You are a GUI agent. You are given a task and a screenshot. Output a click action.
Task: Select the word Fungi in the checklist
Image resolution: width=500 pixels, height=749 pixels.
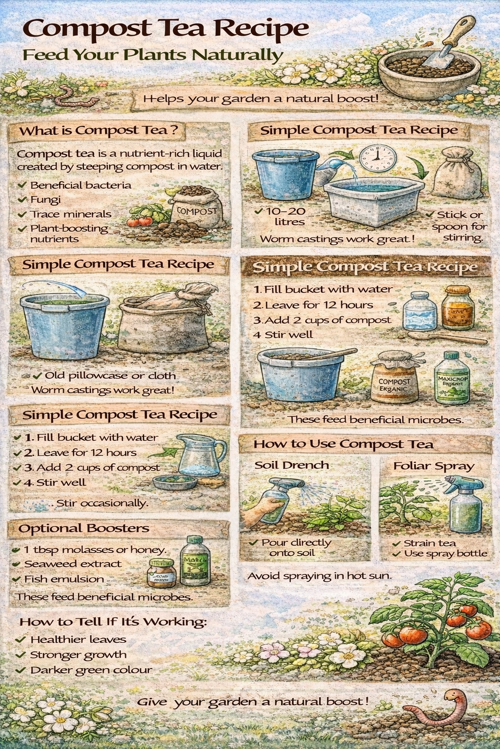tap(45, 199)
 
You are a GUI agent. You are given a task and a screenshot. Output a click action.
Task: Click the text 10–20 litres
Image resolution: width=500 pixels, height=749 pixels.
tap(286, 217)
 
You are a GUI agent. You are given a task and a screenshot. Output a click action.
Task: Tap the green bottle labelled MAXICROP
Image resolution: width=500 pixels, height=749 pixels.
tap(452, 380)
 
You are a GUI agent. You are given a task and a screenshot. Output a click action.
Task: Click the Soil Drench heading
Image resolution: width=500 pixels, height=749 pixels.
tap(292, 465)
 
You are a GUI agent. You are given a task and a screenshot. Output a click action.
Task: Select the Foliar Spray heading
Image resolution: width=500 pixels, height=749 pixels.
tap(434, 466)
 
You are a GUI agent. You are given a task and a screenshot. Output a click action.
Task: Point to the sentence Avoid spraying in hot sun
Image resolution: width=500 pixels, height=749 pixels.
tap(319, 576)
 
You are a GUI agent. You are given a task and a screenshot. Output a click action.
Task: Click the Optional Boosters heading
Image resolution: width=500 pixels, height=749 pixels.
tap(84, 528)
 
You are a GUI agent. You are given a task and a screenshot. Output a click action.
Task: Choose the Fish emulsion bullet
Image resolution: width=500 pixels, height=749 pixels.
tap(64, 579)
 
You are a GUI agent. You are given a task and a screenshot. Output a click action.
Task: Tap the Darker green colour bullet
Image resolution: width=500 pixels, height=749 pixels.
tap(91, 670)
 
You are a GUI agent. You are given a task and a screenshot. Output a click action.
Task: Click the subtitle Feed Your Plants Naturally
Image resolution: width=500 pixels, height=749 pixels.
tap(153, 55)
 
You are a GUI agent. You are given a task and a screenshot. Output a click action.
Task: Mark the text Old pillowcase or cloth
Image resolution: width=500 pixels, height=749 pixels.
tap(110, 375)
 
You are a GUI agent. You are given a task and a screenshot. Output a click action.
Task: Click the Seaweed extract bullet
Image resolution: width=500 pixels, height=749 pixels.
tap(73, 564)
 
